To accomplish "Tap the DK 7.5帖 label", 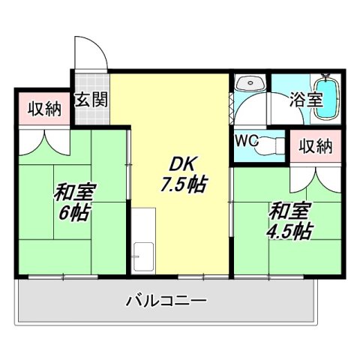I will click(179, 172).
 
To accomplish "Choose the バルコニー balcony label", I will click(166, 301).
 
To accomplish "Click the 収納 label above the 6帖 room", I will click(43, 110).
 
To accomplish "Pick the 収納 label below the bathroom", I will click(313, 146).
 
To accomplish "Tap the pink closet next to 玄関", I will click(43, 110).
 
